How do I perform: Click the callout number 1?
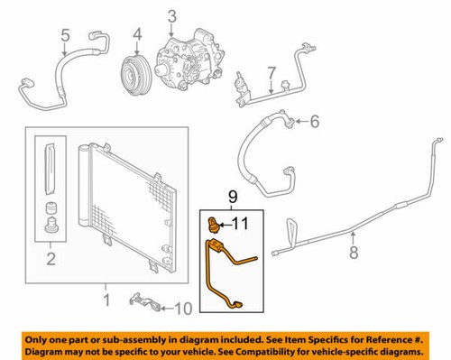coord(106,297)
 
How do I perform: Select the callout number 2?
coord(51,261)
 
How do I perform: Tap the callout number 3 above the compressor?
coord(172,14)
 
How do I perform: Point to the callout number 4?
coord(138,36)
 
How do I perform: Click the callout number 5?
coord(64,36)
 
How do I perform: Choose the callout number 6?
coord(315,120)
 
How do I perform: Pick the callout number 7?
coord(271,72)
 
